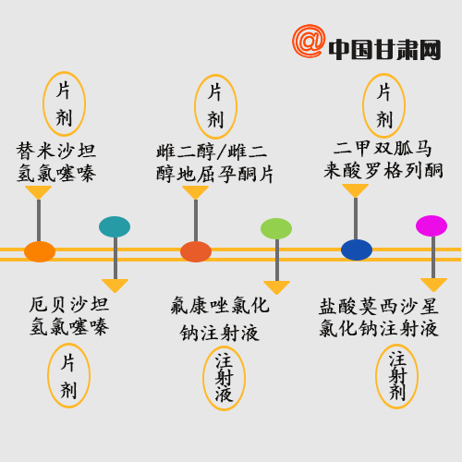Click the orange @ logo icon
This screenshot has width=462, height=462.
tap(309, 41)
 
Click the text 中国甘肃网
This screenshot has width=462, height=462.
tap(384, 49)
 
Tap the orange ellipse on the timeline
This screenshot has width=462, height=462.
tap(40, 251)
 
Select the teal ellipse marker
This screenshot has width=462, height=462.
tap(115, 226)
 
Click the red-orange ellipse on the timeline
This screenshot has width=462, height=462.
tap(196, 251)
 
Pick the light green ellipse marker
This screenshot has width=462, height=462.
tap(276, 228)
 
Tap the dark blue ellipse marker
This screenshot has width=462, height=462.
tap(357, 249)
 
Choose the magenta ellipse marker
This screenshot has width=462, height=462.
tap(432, 225)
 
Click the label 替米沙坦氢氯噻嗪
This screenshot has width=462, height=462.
tap(56, 162)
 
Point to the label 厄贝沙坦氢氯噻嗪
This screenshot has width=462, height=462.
tap(69, 316)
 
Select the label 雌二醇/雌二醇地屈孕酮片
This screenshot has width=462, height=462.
tap(214, 164)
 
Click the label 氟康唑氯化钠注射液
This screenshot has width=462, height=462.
tap(220, 319)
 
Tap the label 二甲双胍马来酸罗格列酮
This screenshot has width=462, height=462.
tap(383, 160)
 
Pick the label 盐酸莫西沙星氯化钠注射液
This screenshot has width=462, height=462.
tap(379, 317)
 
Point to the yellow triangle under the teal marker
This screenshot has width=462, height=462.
tap(115, 286)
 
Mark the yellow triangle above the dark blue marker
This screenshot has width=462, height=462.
tap(355, 190)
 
